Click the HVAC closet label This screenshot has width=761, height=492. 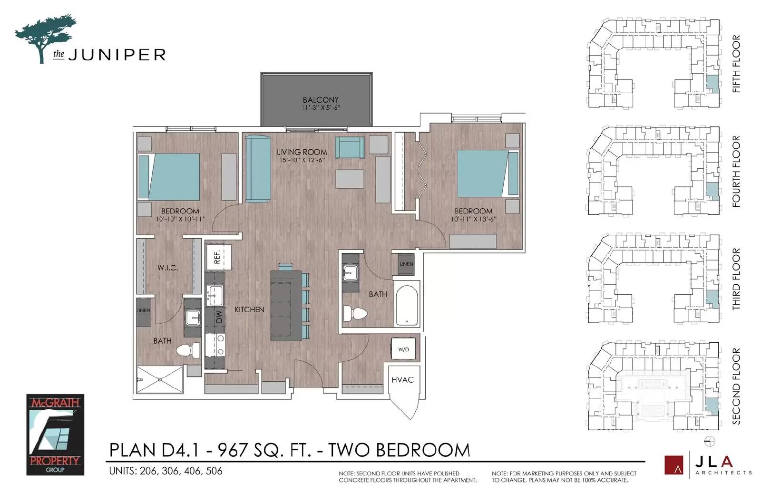coord(402,380)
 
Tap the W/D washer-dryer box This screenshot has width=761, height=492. coord(403,349)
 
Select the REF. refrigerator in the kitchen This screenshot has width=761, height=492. coord(219,257)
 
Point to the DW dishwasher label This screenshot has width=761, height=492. coord(219,317)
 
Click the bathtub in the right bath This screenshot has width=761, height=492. coord(407,305)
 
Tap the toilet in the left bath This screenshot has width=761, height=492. coord(188,350)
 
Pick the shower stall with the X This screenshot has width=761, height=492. coord(160,380)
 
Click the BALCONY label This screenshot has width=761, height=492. coord(321,100)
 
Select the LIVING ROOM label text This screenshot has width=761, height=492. coord(302,152)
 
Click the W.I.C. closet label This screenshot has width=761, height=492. coord(167,268)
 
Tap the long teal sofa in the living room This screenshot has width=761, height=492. coord(258,168)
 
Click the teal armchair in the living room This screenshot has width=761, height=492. coord(350,147)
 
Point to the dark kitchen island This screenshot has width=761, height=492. coord(286,306)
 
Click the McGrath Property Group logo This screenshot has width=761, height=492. coord(55,434)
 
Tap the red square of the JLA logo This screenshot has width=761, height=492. coord(673,465)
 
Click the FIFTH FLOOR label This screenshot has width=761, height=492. coord(736,64)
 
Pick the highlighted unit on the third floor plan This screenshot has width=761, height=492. coord(712,299)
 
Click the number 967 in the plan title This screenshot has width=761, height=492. coord(232,450)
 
